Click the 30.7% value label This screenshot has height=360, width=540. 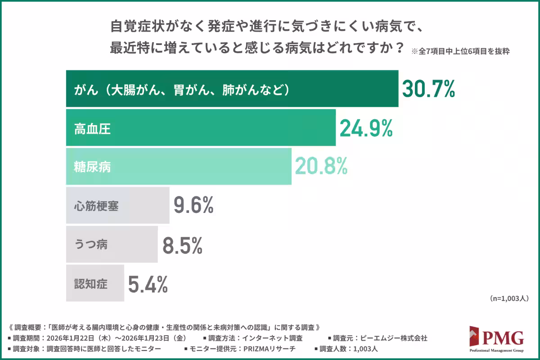tap(428, 89)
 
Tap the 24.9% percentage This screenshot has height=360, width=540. tap(366, 129)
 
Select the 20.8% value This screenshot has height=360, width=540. tap(321, 167)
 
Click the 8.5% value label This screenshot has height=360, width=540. tap(182, 245)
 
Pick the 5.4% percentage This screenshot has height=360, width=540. tap(148, 284)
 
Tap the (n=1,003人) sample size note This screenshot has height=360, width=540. tap(508, 298)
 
